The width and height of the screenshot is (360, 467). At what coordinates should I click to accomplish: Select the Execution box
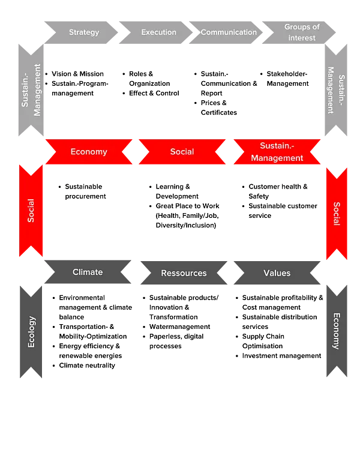[158, 32]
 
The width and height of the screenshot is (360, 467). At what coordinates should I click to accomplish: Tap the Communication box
[229, 32]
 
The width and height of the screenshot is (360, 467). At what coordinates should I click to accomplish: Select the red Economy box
[89, 152]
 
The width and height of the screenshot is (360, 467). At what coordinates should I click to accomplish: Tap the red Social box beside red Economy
[182, 152]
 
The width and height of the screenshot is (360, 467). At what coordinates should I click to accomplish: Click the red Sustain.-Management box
[277, 152]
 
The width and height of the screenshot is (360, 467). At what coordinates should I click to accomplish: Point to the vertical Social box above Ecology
[31, 211]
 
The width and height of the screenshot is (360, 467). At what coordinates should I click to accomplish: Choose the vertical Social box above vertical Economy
[337, 213]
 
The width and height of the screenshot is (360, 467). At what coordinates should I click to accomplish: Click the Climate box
[88, 273]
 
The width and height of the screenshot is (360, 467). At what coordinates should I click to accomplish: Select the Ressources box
[184, 273]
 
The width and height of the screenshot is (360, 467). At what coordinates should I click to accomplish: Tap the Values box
[277, 273]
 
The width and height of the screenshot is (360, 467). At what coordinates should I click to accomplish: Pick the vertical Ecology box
[31, 331]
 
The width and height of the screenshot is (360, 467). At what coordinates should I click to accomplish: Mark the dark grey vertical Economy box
[337, 331]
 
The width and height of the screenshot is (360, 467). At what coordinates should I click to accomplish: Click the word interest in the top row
[301, 38]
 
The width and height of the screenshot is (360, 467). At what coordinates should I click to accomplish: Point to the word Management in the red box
[277, 158]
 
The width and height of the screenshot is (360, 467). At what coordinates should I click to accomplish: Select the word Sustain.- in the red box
[277, 146]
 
